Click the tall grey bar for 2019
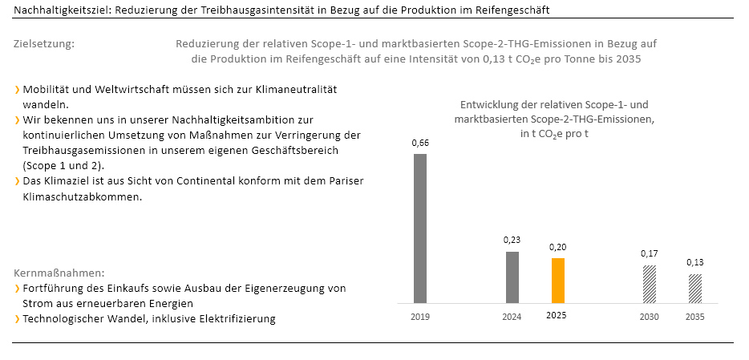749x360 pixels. point(419,229)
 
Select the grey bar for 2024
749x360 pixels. point(512,277)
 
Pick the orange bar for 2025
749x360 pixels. point(557,281)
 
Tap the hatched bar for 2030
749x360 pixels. point(649,284)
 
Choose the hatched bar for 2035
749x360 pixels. point(695,289)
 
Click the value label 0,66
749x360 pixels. point(419,143)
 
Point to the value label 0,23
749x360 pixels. point(512,240)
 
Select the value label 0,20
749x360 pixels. point(557,247)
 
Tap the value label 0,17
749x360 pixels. point(649,253)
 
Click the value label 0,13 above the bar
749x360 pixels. point(695,262)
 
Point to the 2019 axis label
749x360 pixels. point(419,317)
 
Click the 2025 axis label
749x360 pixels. point(557,316)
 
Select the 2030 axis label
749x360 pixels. point(649,317)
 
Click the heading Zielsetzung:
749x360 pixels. point(44,43)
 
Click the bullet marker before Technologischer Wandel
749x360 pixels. point(17,319)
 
